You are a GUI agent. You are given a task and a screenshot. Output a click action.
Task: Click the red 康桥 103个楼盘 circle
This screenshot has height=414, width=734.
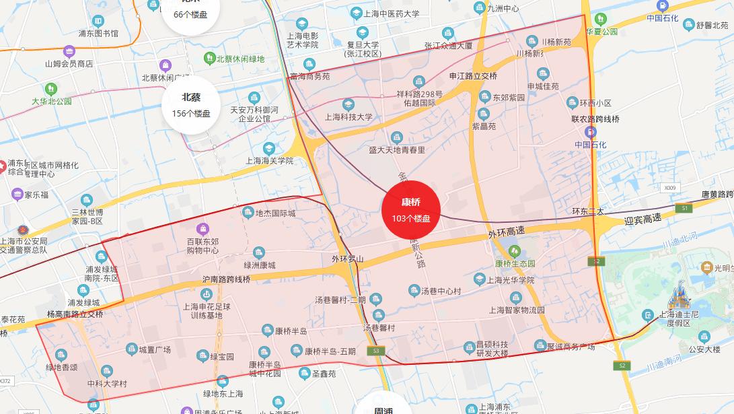(410, 209)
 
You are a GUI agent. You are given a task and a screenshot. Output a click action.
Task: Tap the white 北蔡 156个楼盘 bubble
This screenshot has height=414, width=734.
(191, 105)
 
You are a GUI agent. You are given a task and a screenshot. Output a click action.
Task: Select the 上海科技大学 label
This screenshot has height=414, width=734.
(348, 116)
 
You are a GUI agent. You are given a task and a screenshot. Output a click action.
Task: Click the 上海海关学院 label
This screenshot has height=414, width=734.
(269, 161)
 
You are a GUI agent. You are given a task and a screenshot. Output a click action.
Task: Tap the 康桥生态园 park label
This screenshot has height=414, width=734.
(515, 263)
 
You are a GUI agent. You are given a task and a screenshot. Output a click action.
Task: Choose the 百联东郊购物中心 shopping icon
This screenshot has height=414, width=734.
(203, 230)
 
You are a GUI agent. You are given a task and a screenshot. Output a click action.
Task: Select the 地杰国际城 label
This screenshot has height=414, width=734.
(275, 213)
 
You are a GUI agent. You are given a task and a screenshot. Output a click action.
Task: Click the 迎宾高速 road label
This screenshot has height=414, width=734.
(643, 219)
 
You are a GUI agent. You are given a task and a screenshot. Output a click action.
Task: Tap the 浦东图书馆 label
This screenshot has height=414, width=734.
(98, 33)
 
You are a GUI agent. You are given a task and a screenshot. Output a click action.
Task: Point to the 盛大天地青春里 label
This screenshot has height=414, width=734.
(397, 149)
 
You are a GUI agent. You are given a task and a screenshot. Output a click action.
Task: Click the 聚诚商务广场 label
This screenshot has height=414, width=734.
(571, 347)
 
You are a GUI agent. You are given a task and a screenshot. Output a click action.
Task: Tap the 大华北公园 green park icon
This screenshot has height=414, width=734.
(51, 89)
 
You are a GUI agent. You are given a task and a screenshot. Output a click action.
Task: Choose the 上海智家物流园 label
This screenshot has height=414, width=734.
(516, 310)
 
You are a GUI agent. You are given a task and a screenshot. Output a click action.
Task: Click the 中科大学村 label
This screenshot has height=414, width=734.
(107, 384)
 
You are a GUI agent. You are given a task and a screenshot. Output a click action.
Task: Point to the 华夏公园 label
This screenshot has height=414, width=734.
(601, 32)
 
